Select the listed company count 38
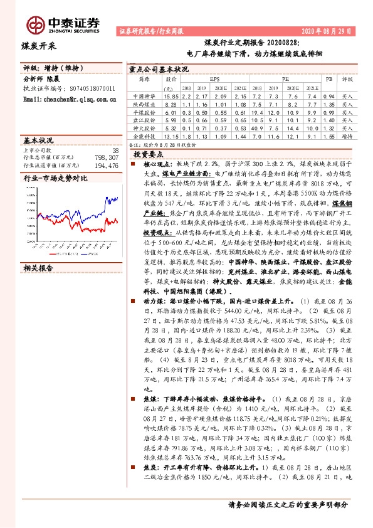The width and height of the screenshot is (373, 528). [x=114, y=150]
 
